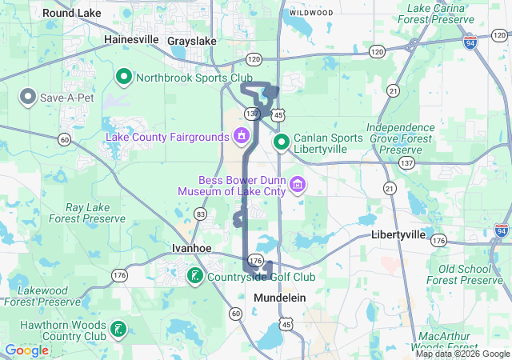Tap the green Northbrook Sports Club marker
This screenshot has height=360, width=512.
(x=124, y=77)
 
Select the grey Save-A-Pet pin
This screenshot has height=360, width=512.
(x=28, y=97)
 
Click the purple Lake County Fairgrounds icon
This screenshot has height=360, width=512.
(x=240, y=136)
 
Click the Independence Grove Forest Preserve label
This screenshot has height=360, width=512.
(x=400, y=138)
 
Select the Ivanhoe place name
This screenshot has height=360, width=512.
(x=191, y=248)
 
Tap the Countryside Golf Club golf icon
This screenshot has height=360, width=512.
(x=194, y=276)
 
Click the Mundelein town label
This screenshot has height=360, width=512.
(x=281, y=297)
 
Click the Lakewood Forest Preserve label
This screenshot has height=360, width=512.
(x=43, y=295)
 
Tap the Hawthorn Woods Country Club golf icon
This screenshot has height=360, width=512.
(x=117, y=329)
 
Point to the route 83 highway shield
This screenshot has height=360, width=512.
(x=200, y=214)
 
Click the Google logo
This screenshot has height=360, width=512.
(x=26, y=350)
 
